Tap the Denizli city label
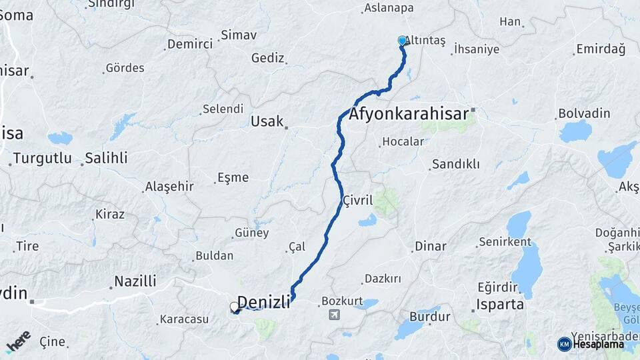(x=264, y=302)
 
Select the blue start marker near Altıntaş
(x=402, y=41)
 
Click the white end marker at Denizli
(x=235, y=307)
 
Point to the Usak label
(x=267, y=121)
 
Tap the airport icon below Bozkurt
(x=335, y=315)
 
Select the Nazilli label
(x=135, y=281)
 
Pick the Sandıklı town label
(x=455, y=164)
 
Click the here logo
(x=18, y=341)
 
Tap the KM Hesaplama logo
(x=591, y=344)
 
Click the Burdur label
(x=429, y=316)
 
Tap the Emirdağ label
(x=601, y=49)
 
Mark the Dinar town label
(x=430, y=246)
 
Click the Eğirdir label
(x=497, y=287)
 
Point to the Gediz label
(x=267, y=58)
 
